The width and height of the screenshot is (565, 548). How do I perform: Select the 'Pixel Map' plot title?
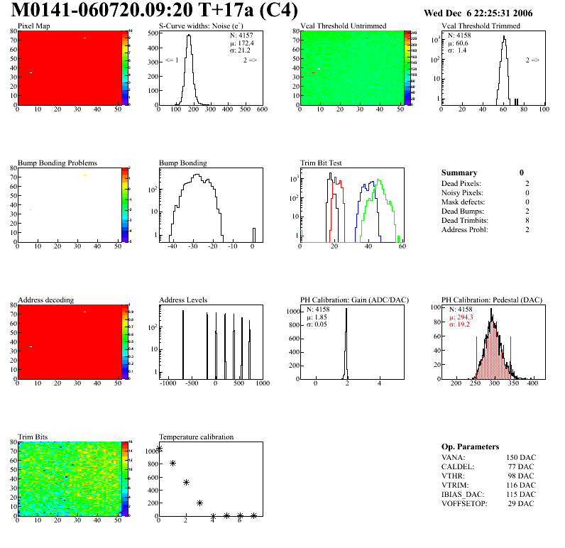tap(33, 26)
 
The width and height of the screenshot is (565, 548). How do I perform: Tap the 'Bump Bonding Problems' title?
tap(57, 163)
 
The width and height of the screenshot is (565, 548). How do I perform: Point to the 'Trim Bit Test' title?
tap(321, 163)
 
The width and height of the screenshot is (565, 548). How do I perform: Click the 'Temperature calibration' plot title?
tap(196, 437)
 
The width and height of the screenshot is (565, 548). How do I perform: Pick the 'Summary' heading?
tap(459, 172)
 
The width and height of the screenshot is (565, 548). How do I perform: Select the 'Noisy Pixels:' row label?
tap(461, 192)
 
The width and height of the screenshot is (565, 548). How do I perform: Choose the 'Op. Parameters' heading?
tap(470, 446)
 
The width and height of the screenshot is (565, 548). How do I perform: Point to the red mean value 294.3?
tap(465, 317)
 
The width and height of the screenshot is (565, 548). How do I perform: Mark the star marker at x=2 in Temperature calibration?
tap(186, 482)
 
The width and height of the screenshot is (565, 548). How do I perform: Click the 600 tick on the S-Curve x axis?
tap(261, 109)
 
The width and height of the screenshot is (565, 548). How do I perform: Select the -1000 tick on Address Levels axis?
tap(168, 383)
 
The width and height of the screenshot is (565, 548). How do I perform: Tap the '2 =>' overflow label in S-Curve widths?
tap(250, 61)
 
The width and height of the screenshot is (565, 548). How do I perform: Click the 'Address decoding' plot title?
tap(45, 300)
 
